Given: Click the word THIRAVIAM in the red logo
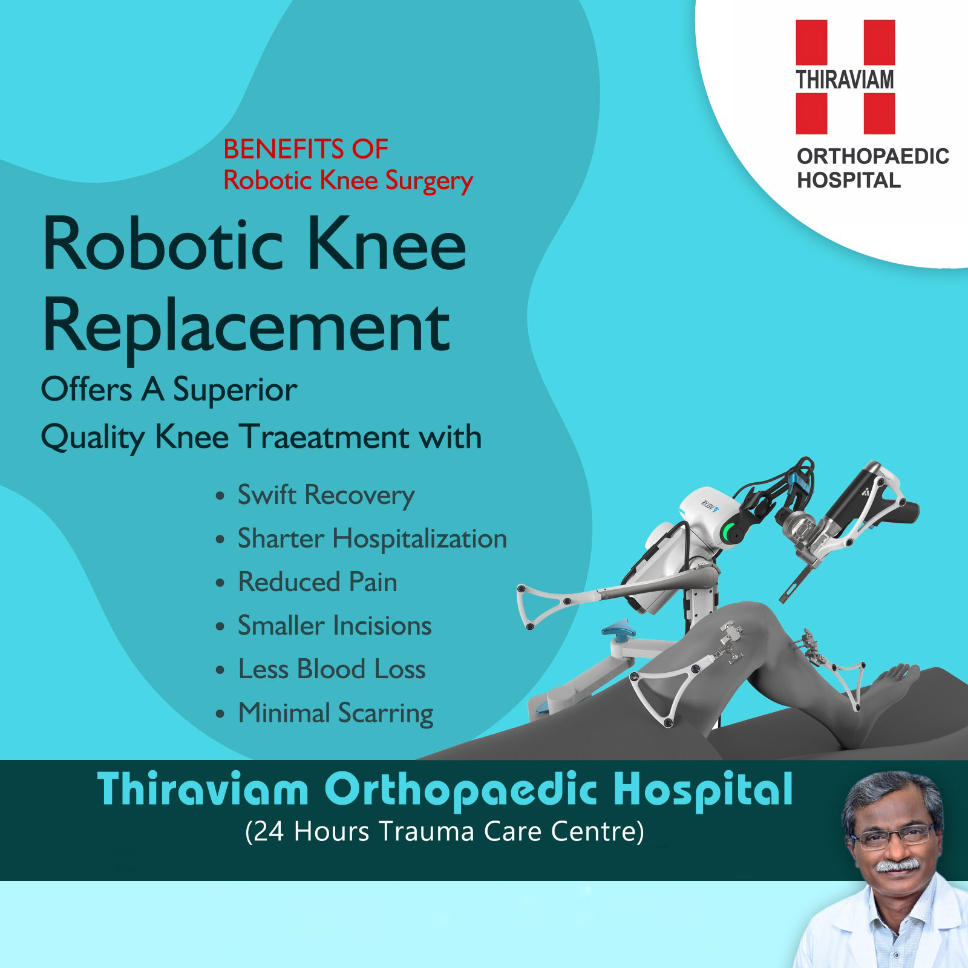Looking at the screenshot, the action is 845,80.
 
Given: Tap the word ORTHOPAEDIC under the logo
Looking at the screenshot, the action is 872,156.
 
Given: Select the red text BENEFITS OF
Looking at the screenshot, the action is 306,149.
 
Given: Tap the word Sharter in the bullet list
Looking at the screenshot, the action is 281,538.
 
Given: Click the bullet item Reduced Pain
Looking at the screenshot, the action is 318,582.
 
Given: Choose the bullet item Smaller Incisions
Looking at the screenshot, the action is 334,626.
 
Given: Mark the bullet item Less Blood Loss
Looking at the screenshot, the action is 332,669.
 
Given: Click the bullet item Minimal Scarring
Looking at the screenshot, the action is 335,713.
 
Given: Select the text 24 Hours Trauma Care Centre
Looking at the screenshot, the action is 445,831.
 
